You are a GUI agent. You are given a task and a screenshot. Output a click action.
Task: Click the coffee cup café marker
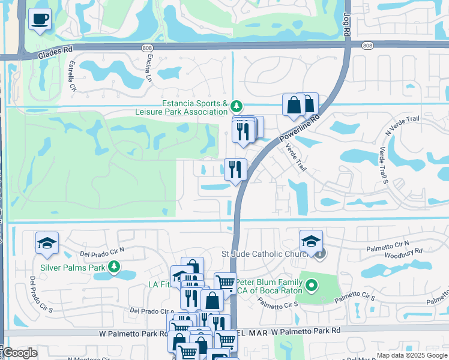point(40,19)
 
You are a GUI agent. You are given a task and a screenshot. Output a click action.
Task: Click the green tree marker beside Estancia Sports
point(237,107)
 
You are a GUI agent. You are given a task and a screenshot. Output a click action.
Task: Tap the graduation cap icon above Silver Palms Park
point(47,243)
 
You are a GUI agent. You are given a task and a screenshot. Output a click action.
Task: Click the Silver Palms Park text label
point(68,268)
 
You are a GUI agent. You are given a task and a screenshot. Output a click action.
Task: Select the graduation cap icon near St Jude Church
point(311,241)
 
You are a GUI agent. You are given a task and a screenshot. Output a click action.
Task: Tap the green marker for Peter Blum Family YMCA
point(310,286)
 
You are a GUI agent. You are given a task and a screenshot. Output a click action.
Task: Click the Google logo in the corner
point(20,353)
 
